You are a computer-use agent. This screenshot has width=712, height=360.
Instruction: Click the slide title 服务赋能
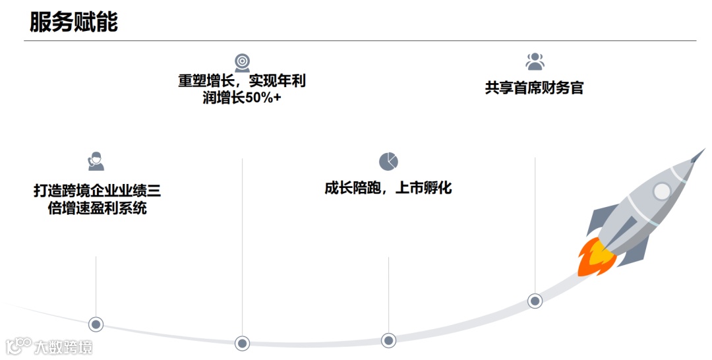[x=74, y=21]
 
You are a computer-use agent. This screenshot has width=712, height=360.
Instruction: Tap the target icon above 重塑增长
[x=242, y=63]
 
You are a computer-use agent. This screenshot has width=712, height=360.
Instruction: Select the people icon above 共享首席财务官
[x=535, y=61]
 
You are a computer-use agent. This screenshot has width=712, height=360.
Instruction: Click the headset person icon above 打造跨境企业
[x=96, y=162]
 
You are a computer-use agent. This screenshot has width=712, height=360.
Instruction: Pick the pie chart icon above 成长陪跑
[x=388, y=162]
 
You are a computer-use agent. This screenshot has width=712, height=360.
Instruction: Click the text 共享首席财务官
[x=535, y=88]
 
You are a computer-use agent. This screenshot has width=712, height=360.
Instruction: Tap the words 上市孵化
[x=423, y=188]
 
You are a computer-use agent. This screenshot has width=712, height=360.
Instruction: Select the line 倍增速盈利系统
[x=97, y=209]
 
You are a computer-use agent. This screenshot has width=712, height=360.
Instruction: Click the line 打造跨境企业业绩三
[x=97, y=191]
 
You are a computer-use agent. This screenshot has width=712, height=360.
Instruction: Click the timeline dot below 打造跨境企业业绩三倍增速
[x=96, y=324]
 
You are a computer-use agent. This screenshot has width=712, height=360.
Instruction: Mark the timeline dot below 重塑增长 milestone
[x=243, y=343]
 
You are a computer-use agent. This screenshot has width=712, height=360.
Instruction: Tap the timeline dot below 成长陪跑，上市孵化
[x=388, y=340]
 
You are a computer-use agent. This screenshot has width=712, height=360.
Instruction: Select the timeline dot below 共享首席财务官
[x=535, y=301]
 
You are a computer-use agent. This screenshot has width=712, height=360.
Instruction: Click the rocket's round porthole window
[x=661, y=191]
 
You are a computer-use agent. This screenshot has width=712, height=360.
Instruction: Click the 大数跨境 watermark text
[x=63, y=346]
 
